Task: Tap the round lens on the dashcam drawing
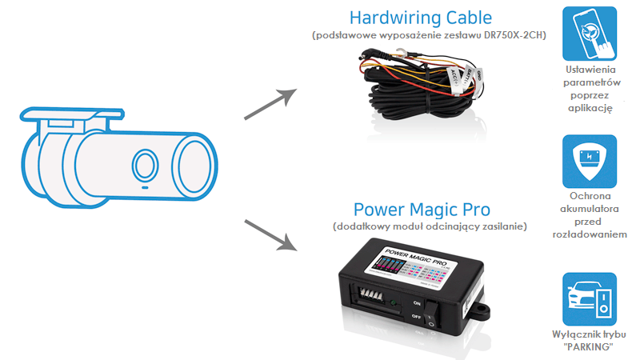pos(145,166)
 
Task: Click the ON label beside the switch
pos(415,303)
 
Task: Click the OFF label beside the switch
pos(415,318)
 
